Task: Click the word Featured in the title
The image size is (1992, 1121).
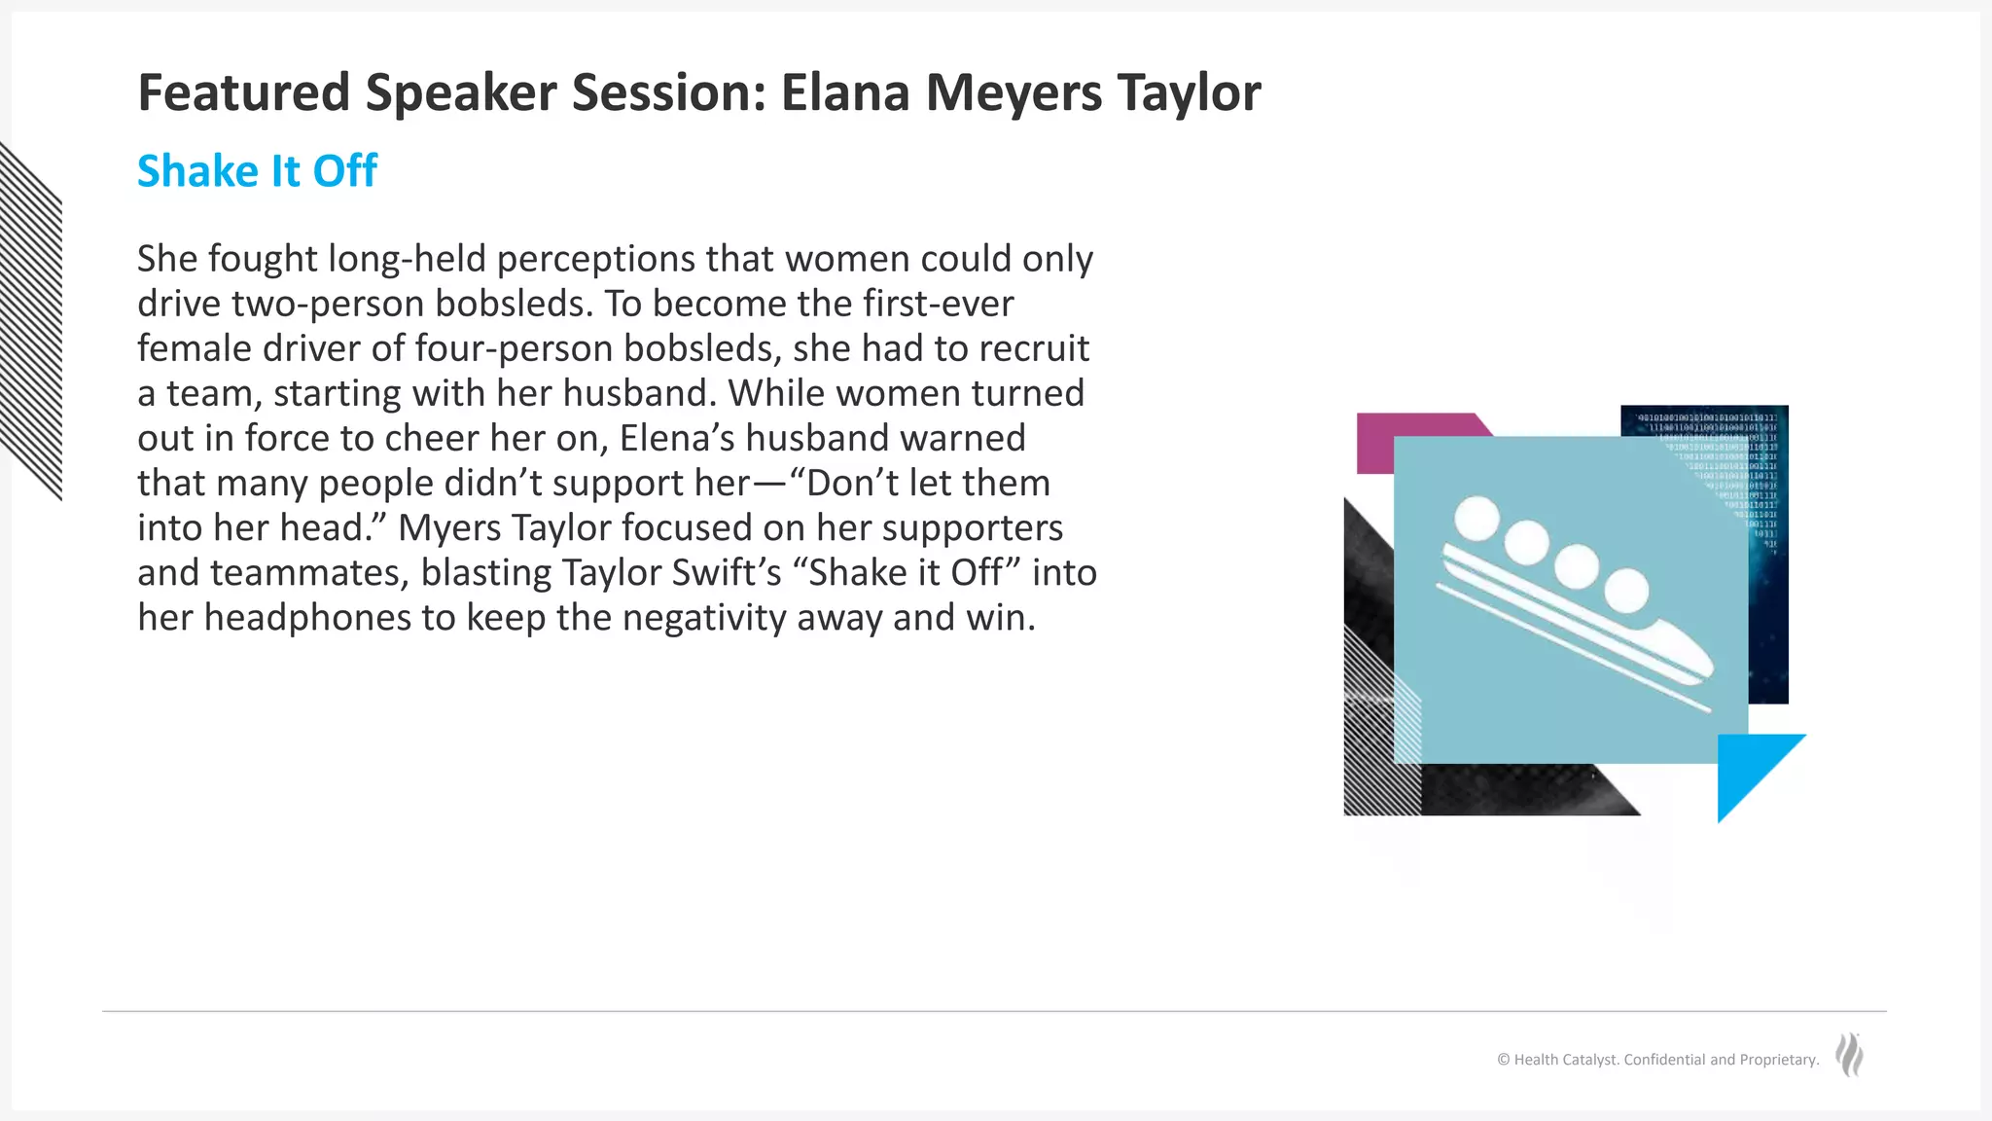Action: pos(243,93)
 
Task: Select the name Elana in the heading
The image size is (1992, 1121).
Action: pos(844,93)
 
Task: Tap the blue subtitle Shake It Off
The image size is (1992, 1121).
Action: pos(257,171)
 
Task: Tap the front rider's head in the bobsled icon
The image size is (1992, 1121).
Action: pos(1626,590)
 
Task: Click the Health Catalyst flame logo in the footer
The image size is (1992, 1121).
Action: pos(1849,1055)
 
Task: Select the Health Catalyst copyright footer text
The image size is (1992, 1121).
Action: pos(1657,1060)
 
